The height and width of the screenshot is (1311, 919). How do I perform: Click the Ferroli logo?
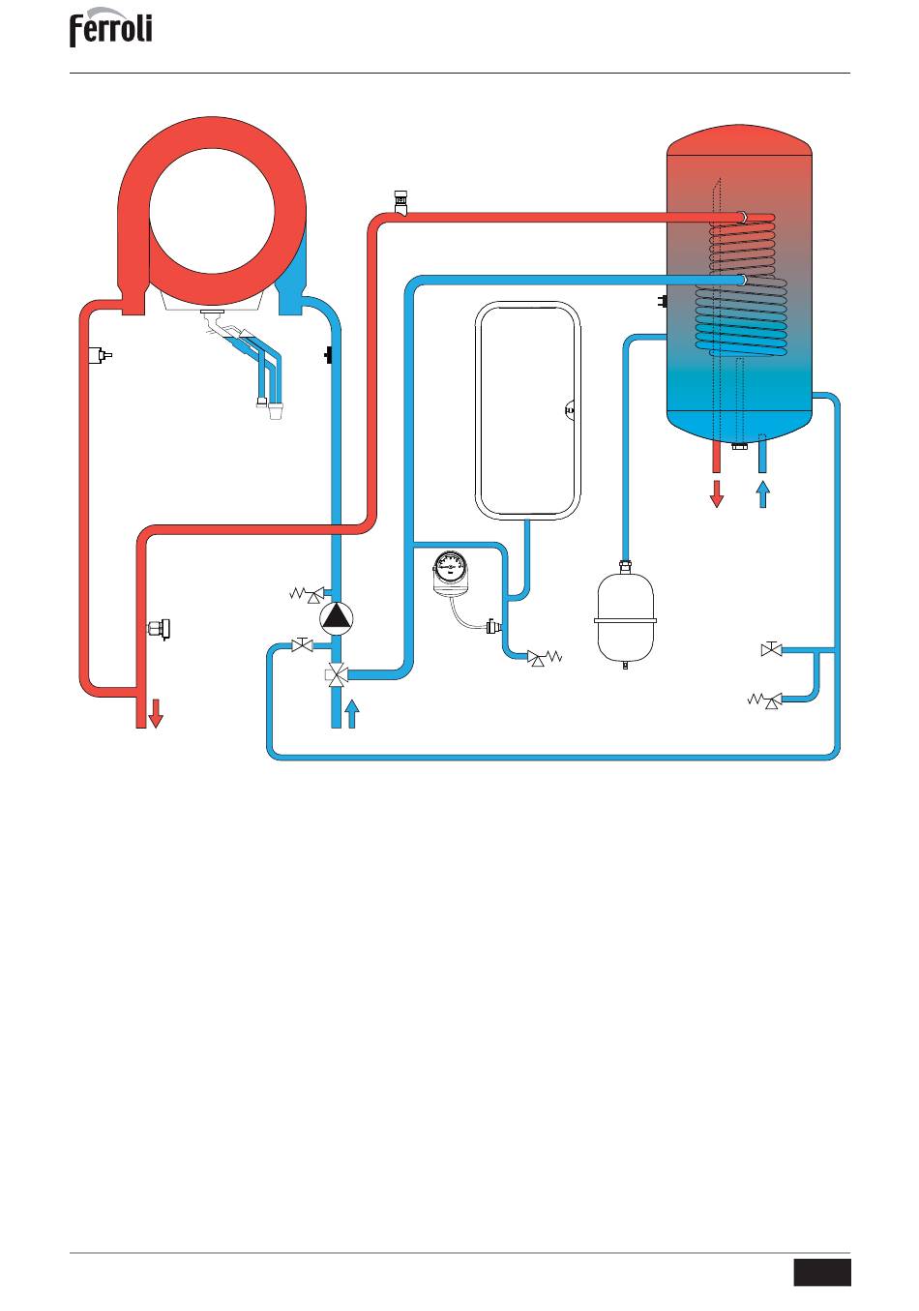click(111, 27)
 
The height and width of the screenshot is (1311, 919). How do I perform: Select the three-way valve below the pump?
click(337, 674)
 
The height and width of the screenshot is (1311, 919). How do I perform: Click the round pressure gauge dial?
click(451, 566)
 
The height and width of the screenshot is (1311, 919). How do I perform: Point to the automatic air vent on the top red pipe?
click(401, 202)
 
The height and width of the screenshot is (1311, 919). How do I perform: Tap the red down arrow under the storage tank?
click(717, 494)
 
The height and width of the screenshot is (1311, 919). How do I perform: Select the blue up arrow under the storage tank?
click(762, 494)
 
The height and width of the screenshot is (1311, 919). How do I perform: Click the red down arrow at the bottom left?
click(155, 713)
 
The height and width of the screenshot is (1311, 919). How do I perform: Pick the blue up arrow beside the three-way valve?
click(352, 714)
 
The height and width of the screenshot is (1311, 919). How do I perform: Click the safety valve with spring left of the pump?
click(308, 595)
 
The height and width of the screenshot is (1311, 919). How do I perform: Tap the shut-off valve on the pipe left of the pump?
click(302, 645)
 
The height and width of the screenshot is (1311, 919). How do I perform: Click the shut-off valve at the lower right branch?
click(772, 649)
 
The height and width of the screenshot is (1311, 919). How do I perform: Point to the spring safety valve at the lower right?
click(764, 700)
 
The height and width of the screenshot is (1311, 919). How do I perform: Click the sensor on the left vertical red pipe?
click(100, 355)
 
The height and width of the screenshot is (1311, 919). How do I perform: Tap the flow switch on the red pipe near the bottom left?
click(160, 629)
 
